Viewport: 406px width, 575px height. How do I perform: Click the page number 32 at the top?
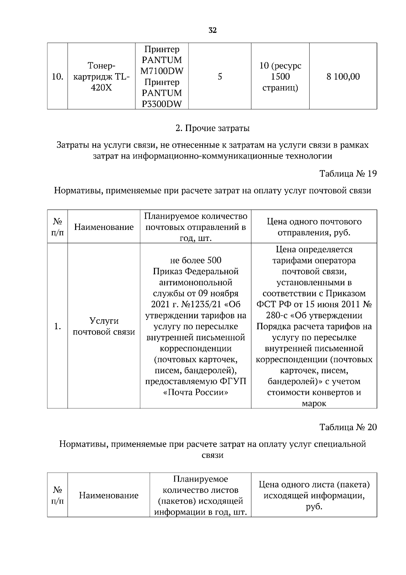212,30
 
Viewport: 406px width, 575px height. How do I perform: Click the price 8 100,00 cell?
343,77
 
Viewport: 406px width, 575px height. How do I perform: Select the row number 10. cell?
57,77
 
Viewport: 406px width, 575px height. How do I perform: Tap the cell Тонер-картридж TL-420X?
101,77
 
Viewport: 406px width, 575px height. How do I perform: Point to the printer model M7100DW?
162,71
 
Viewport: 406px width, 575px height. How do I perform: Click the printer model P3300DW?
162,104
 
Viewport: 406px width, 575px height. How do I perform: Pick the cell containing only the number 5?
220,77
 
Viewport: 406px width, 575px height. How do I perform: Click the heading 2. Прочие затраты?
212,128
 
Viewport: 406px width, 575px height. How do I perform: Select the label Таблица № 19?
348,174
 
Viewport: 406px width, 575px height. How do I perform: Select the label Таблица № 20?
348,427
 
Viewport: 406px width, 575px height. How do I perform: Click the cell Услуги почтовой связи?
104,326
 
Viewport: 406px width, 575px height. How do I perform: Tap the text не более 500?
196,260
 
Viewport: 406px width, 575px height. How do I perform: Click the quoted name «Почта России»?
196,392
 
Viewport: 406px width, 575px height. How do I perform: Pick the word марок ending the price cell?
314,403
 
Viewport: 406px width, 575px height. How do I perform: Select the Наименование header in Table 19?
104,227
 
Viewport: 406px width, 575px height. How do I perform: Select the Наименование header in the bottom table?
109,495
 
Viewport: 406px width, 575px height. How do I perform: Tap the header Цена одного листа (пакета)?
314,485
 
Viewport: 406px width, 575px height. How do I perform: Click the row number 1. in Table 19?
57,326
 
